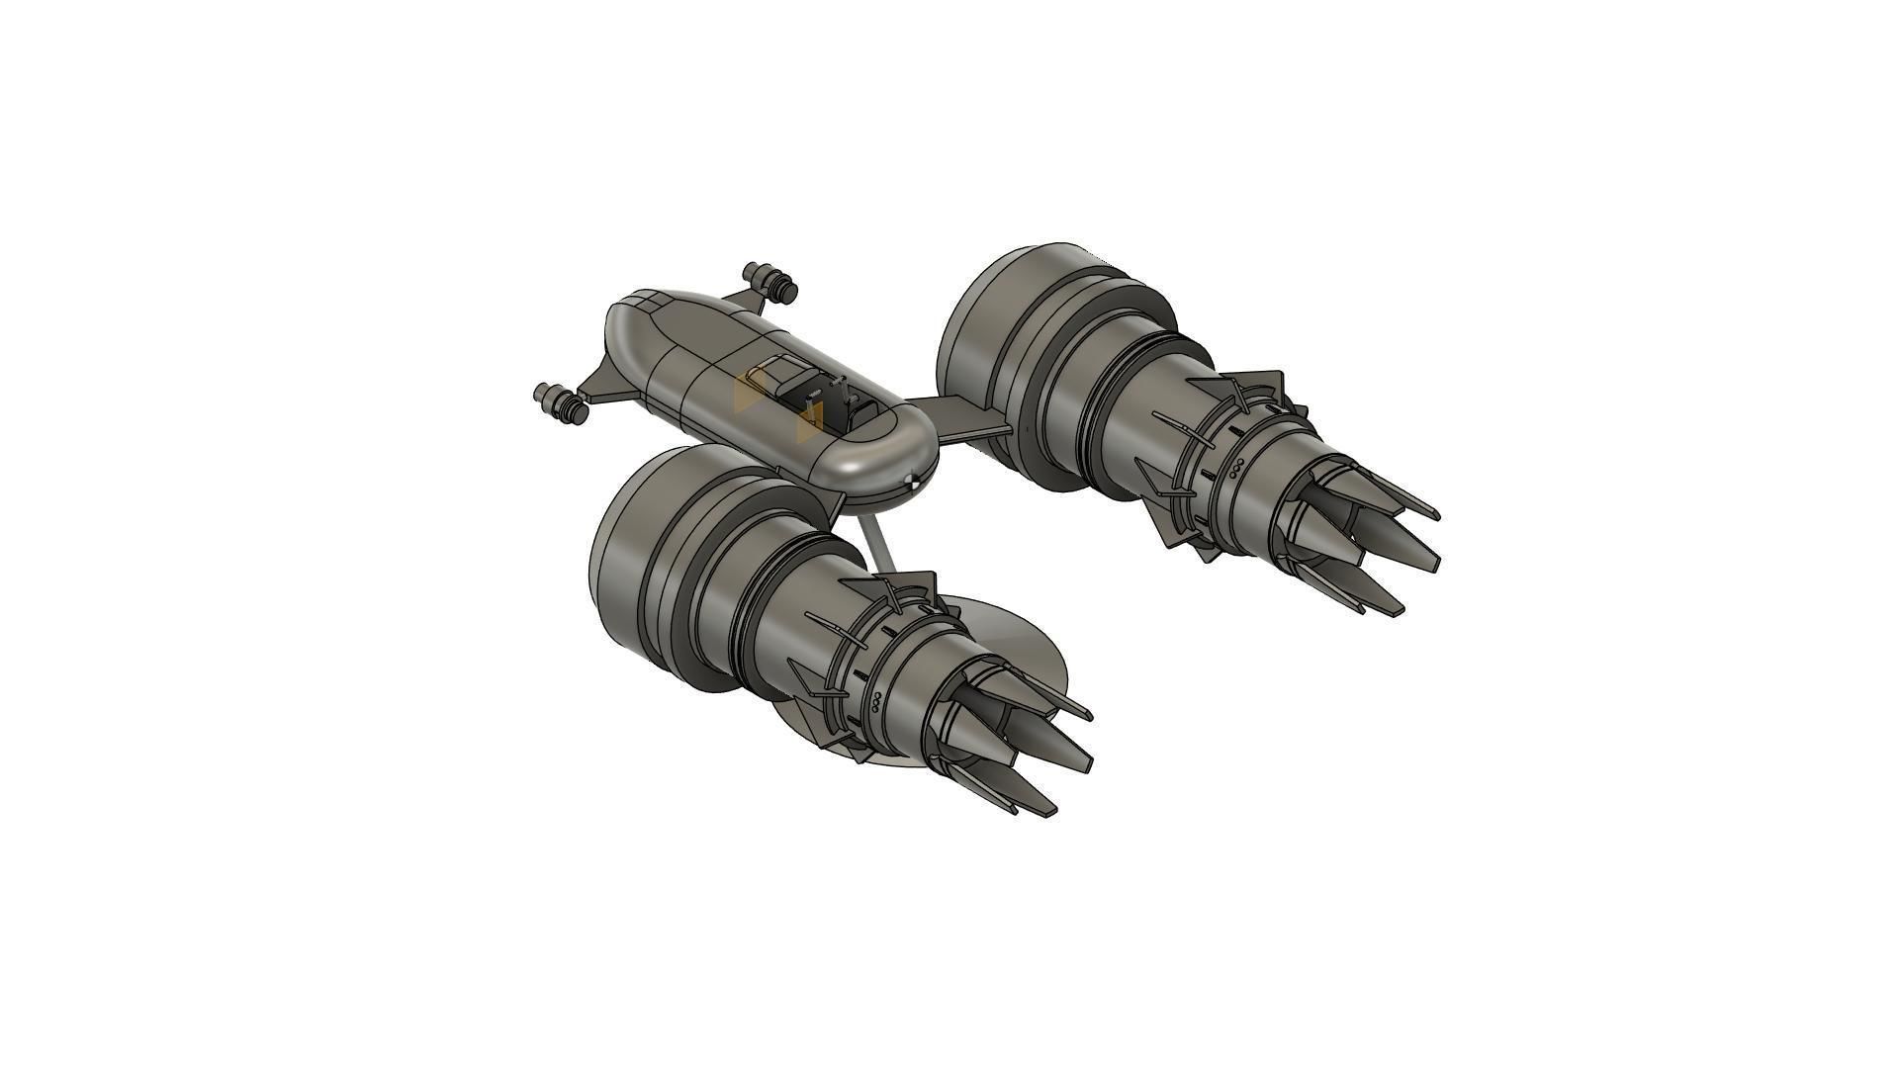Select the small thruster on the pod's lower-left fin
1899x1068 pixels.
[x=559, y=403]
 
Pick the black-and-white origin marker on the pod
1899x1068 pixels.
[x=912, y=482]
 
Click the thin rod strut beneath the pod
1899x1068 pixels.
[x=876, y=544]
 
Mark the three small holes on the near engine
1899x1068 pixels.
[x=876, y=703]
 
